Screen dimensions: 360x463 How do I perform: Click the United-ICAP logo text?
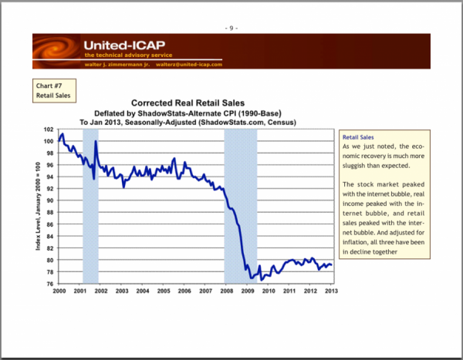(x=122, y=45)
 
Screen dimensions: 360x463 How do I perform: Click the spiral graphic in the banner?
(x=57, y=51)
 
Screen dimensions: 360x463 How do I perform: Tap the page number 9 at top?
(x=231, y=28)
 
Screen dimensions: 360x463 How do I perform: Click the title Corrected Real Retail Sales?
(x=188, y=103)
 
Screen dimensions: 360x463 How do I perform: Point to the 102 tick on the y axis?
(x=49, y=130)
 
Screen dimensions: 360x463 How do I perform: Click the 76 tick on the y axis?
(x=49, y=284)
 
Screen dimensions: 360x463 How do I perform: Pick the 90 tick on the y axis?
(x=49, y=201)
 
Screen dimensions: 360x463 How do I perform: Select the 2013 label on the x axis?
(x=332, y=291)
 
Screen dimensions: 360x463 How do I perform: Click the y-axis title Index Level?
(x=36, y=207)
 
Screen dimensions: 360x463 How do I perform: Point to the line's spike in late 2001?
(x=96, y=142)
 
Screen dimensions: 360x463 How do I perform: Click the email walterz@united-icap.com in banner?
(x=189, y=64)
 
